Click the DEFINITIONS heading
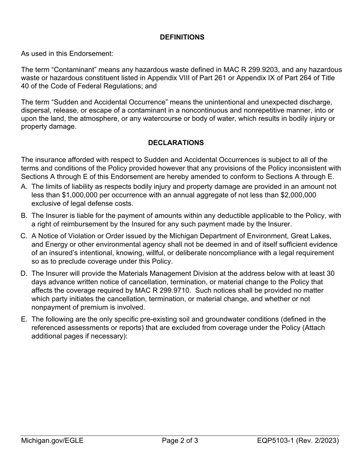pyautogui.click(x=182, y=37)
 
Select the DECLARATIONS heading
pyautogui.click(x=176, y=143)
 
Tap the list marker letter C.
pyautogui.click(x=24, y=236)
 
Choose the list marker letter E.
pyautogui.click(x=24, y=319)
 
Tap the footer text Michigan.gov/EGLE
pyautogui.click(x=52, y=441)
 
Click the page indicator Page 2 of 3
pyautogui.click(x=180, y=441)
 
